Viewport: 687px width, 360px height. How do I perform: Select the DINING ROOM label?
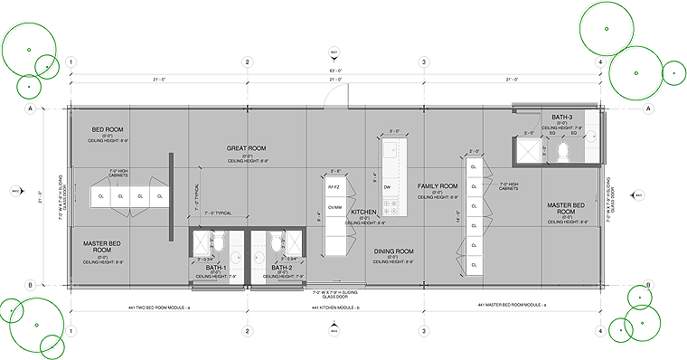[393, 251]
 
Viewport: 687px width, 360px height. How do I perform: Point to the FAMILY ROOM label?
[439, 185]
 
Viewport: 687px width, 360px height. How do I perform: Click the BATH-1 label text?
[216, 268]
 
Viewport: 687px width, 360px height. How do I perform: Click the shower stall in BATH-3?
[526, 151]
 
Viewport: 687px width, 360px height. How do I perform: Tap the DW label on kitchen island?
[388, 186]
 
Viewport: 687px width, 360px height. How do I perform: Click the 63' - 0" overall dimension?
[334, 70]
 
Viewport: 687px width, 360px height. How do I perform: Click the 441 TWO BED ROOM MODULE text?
[158, 308]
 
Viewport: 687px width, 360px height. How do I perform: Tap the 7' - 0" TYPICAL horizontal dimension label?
[218, 213]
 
